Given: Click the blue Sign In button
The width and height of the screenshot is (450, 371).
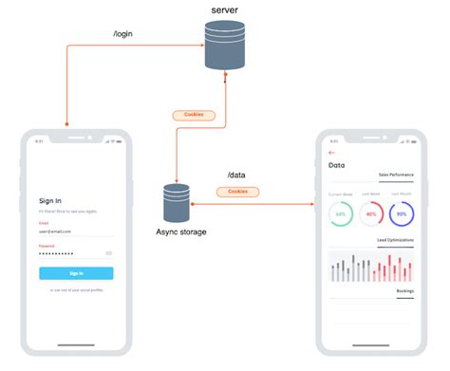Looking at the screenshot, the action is coord(76,273).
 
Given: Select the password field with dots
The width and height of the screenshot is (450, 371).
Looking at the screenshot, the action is coord(72,254).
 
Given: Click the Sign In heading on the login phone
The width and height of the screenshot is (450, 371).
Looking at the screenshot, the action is coord(50,200).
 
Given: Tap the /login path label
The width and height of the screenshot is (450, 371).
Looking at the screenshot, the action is coord(124,34).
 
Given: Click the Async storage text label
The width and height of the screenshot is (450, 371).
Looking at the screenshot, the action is coord(181,232).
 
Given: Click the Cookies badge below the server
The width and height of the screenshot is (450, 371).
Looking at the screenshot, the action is coord(193,115).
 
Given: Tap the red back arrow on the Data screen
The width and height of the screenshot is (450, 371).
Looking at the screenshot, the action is coord(331,152).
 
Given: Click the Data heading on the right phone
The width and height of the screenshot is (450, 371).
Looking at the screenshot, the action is coord(336,165).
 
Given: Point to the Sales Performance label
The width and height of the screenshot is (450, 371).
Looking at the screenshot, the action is coord(396,176).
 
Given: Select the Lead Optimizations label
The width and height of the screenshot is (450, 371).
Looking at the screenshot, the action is coord(394,241).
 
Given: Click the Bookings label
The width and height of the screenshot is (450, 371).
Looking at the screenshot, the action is coord(404,290).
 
